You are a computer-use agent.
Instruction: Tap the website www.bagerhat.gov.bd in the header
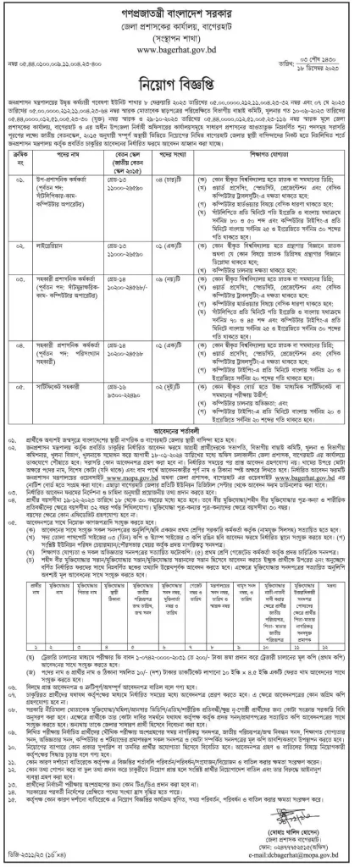click(x=180, y=51)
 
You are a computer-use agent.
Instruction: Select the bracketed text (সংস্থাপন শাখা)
click(x=180, y=39)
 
